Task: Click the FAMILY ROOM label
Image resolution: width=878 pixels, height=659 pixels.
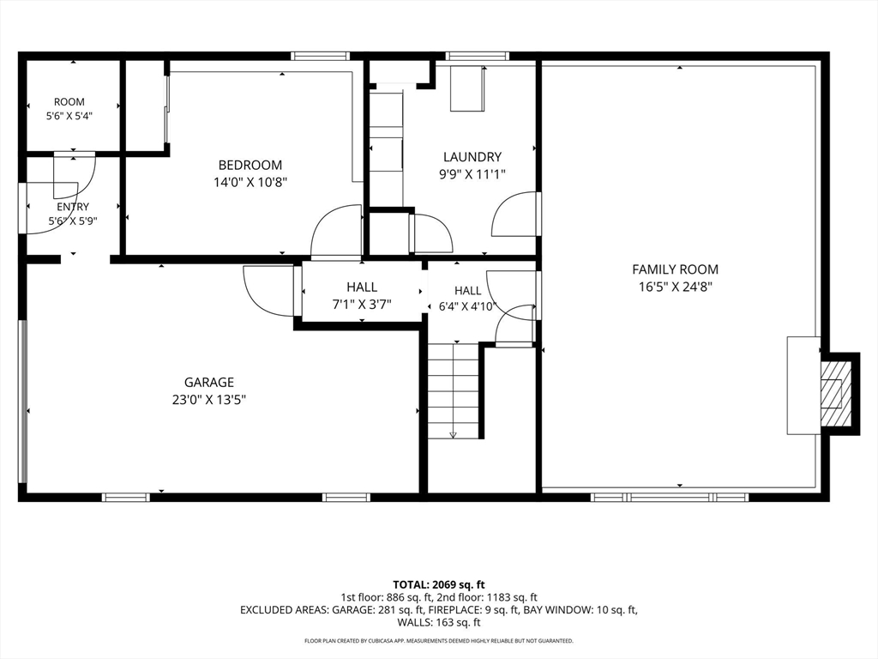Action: click(675, 269)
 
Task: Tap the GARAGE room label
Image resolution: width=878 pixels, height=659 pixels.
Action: click(209, 382)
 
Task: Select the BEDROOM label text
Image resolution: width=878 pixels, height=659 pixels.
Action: click(250, 165)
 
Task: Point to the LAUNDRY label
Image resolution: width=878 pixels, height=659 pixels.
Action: click(472, 157)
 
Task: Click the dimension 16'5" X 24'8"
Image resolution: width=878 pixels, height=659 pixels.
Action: click(675, 287)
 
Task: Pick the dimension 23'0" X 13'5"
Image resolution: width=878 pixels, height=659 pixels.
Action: click(209, 400)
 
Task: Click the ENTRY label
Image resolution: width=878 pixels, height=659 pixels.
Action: click(73, 207)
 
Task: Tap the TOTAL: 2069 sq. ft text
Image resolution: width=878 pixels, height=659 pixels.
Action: click(438, 585)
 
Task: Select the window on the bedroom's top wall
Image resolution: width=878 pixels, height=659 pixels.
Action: click(321, 56)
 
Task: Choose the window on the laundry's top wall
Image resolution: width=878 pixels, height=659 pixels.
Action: click(477, 56)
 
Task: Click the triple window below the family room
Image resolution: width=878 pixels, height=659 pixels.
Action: click(670, 497)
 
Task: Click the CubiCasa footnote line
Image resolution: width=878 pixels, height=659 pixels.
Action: click(438, 640)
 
